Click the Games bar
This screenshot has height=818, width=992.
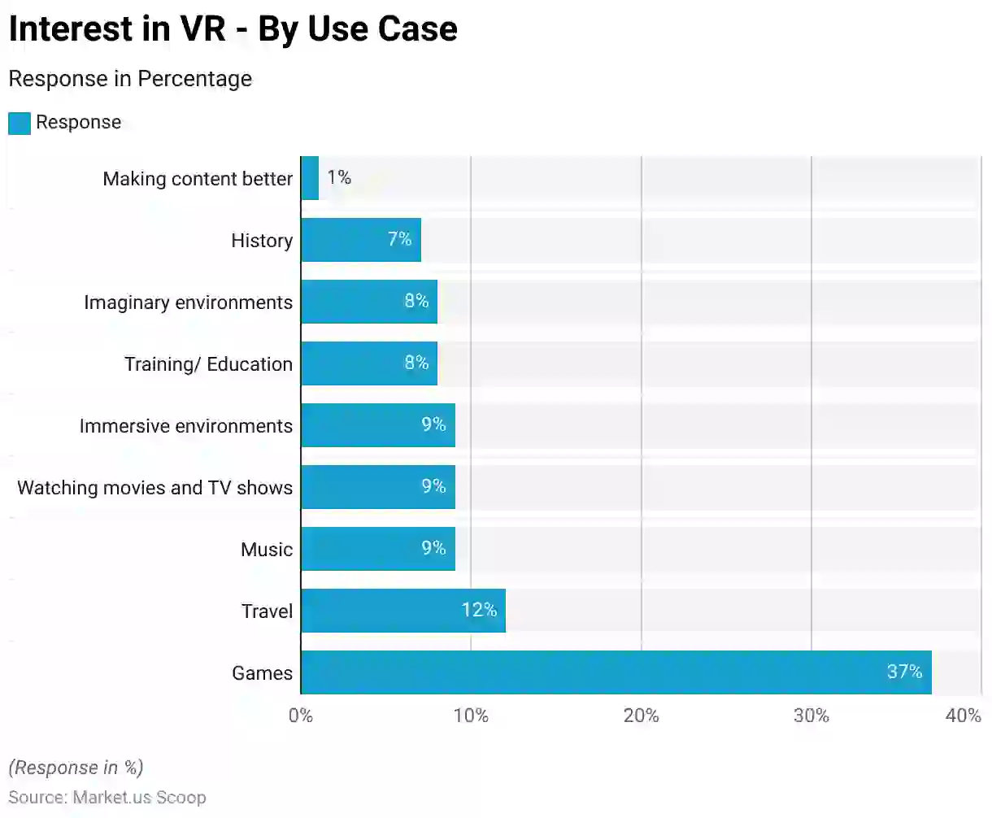616,672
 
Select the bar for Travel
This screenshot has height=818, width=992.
402,611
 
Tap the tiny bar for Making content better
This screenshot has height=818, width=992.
310,178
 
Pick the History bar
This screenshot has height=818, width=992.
360,240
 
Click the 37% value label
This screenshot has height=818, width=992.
904,672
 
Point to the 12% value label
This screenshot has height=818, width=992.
479,610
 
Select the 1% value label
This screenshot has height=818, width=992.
339,177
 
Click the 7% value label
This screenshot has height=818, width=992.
399,239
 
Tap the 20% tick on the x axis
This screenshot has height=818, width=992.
641,716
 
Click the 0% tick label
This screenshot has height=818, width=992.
301,716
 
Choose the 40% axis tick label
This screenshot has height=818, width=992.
964,716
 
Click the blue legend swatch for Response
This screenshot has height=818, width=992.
20,124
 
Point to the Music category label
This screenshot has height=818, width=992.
266,550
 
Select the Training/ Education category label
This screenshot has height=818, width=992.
208,364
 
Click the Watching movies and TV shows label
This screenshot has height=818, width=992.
154,488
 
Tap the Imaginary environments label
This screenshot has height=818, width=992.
188,302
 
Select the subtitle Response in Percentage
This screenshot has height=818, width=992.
130,79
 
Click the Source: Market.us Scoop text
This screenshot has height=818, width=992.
107,798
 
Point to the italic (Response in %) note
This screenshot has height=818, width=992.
76,768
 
